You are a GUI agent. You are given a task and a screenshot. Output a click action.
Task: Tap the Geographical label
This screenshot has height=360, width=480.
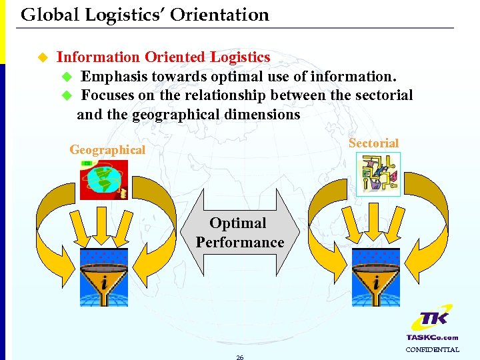pos(107,150)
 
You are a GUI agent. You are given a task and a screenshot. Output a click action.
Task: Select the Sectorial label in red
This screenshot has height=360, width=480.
pos(373,143)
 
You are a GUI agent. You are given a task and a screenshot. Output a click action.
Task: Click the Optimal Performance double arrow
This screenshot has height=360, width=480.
pos(240,233)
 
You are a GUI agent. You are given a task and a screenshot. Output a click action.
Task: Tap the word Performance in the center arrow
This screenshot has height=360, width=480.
pos(240,242)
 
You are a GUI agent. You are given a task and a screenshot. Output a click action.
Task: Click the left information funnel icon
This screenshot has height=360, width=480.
pos(104,277)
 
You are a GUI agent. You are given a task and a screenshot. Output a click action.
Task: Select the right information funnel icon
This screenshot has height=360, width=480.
pos(376,277)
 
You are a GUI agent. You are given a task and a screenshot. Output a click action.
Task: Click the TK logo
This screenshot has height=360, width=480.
pos(432,321)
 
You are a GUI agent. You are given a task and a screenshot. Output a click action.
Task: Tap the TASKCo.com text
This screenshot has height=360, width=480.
pos(432,337)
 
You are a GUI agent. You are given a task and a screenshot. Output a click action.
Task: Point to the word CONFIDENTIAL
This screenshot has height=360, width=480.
pos(432,349)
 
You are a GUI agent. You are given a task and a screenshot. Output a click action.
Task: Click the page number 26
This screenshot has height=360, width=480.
pos(240,357)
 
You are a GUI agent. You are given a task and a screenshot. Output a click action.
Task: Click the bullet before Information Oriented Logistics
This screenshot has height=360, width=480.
pos(42,57)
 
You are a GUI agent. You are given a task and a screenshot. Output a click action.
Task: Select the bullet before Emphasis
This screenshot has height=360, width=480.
pos(65,77)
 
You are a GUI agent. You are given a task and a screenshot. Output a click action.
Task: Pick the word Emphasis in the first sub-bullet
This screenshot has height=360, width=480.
pos(114,77)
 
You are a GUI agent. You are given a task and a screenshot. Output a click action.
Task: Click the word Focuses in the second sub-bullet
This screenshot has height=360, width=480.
pos(107,95)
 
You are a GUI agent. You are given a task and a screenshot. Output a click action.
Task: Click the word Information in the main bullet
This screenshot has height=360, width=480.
pos(98,57)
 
